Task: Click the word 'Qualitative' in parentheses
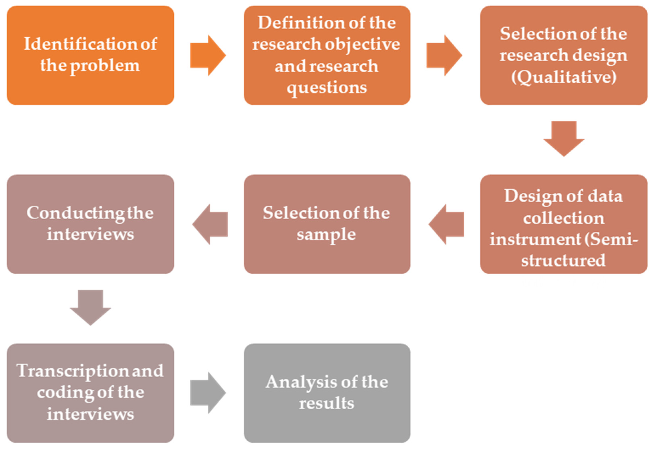pyautogui.click(x=564, y=77)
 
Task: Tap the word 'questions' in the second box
pyautogui.click(x=327, y=88)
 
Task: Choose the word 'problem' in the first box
pyautogui.click(x=105, y=66)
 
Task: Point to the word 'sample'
pyautogui.click(x=326, y=235)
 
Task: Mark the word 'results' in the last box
pyautogui.click(x=326, y=403)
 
